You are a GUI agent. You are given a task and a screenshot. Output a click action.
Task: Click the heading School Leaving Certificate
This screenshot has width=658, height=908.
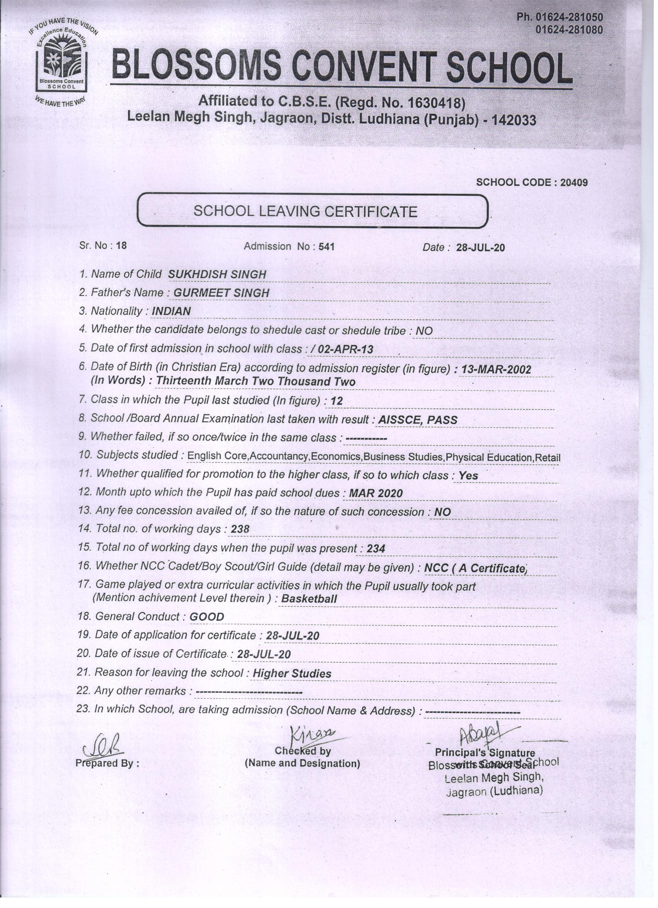pos(305,211)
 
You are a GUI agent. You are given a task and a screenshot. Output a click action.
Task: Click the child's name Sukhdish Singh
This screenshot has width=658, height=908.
pos(217,274)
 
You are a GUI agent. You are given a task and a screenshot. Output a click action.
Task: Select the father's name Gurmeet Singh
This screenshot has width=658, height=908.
pos(221,293)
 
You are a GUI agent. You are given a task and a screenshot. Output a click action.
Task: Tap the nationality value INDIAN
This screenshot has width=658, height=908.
pos(171,311)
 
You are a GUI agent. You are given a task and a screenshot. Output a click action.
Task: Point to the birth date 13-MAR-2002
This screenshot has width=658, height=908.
pos(496,369)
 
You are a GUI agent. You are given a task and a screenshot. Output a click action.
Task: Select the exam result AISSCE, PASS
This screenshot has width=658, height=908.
pos(417,419)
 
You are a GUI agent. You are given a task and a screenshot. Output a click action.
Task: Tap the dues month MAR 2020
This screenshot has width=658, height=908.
pos(376,493)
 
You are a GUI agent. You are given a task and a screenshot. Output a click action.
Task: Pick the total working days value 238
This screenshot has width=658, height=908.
pos(240,529)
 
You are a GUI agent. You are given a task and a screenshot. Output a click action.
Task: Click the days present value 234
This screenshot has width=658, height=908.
pos(376,549)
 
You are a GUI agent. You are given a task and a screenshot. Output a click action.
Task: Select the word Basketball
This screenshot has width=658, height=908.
pos(309,598)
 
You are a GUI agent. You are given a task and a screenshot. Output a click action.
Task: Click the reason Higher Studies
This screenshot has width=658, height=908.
pos(292,674)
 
